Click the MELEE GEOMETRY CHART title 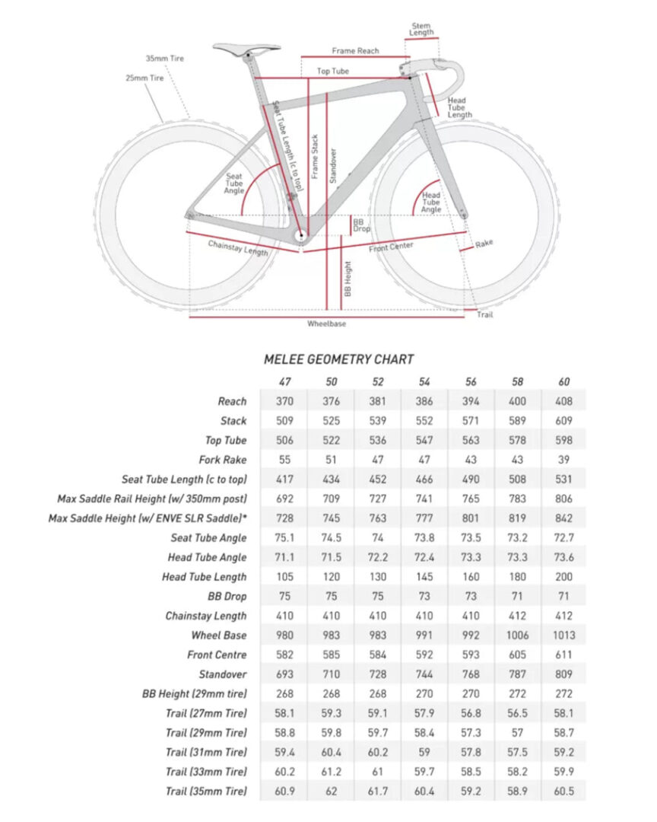click(338, 359)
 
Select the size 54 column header click(424, 382)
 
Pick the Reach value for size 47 click(284, 401)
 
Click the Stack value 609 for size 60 click(564, 421)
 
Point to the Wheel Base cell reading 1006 click(517, 635)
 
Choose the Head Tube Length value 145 click(424, 577)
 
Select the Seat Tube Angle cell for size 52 click(377, 537)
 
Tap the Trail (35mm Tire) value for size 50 click(331, 792)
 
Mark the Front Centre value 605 click(517, 655)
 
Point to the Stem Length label click(422, 29)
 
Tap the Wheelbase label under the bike click(326, 324)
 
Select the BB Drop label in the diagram click(362, 225)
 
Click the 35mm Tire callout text click(165, 59)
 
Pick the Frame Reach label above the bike click(355, 51)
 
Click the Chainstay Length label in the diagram click(238, 248)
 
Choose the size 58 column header click(517, 382)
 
